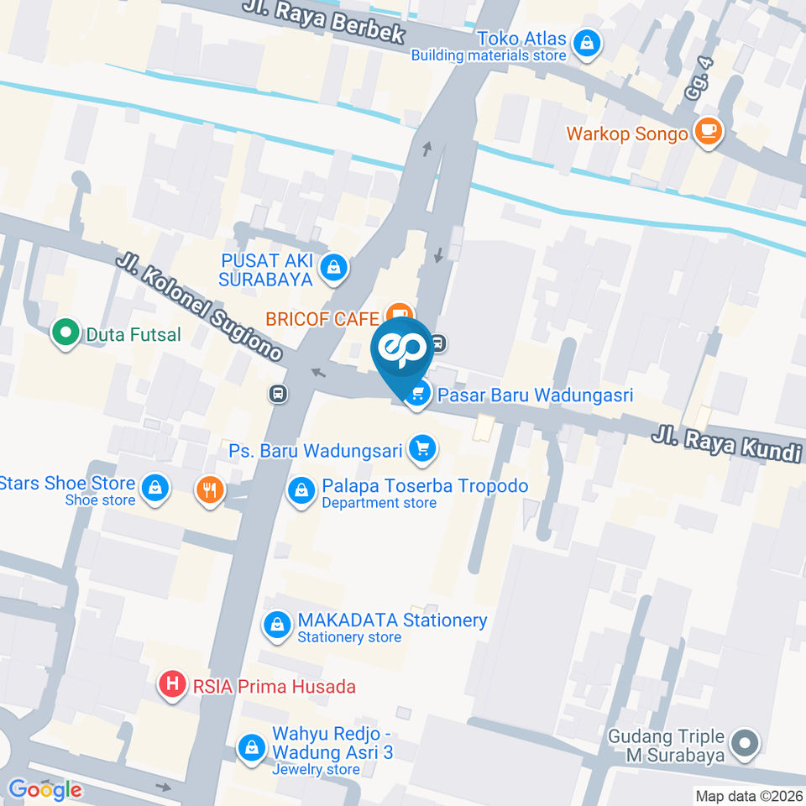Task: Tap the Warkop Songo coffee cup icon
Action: [708, 133]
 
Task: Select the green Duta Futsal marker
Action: [64, 334]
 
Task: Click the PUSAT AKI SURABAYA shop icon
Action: [334, 269]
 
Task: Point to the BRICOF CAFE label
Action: [322, 319]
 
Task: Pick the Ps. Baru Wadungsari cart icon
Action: [422, 450]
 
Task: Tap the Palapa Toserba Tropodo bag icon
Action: [301, 492]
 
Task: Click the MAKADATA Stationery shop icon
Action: [276, 625]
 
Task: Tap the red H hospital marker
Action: [173, 685]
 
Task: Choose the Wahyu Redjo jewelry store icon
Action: [250, 748]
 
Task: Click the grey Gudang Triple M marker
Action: [744, 743]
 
